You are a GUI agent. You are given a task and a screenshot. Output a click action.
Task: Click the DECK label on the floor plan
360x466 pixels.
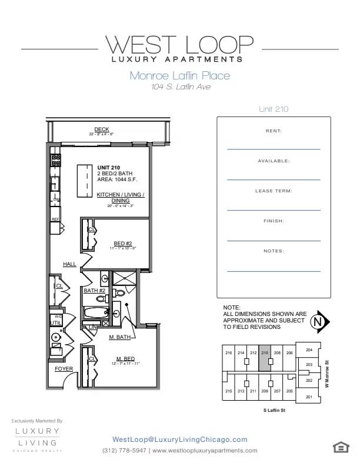pos(102,129)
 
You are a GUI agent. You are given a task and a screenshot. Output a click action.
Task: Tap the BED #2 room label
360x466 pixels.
pos(122,243)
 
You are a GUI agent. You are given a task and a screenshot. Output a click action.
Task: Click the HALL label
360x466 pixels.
pos(69,265)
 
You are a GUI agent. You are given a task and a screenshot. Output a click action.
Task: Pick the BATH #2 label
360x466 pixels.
pos(94,291)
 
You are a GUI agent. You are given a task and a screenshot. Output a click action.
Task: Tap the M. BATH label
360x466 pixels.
pos(119,338)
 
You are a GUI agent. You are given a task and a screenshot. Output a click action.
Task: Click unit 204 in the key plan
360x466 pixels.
pos(309,349)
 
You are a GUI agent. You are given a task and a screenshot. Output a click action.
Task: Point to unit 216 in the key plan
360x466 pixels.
pos(229,353)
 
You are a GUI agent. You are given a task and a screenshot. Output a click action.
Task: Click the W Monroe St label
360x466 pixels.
pos(327,374)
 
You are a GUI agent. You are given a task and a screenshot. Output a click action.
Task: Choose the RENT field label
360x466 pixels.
pos(274,131)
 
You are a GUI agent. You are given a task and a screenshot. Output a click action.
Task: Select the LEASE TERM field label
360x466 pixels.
pos(274,191)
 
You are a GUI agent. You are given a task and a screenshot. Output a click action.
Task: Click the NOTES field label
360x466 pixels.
pos(274,251)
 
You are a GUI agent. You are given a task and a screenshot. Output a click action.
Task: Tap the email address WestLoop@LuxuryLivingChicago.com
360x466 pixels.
pos(179,440)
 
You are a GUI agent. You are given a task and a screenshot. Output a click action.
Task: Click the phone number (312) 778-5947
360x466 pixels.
pos(124,451)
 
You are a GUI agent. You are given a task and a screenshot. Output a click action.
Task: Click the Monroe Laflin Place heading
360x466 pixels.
pos(179,75)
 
